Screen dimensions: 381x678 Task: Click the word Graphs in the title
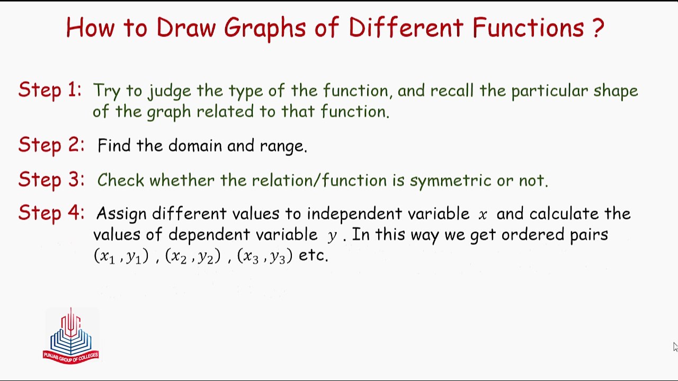pyautogui.click(x=264, y=28)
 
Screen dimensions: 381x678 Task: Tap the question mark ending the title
pyautogui.click(x=597, y=28)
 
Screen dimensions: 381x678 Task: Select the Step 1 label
pyautogui.click(x=50, y=90)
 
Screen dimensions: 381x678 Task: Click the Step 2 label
pyautogui.click(x=51, y=145)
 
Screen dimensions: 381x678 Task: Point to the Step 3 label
pyautogui.click(x=51, y=179)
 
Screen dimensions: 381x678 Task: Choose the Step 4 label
pyautogui.click(x=51, y=213)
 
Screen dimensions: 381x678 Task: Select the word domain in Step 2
pyautogui.click(x=195, y=146)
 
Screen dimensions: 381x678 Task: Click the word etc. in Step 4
pyautogui.click(x=314, y=256)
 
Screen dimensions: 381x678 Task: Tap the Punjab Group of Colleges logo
pyautogui.click(x=70, y=335)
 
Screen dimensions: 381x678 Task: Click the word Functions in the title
pyautogui.click(x=528, y=28)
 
